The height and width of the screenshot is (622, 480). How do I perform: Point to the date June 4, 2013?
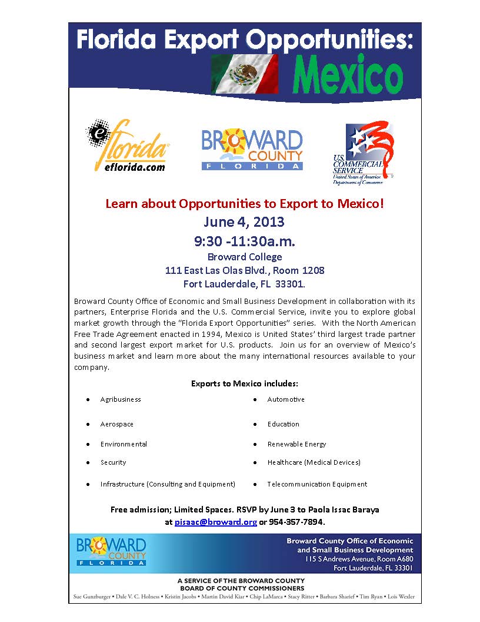pyautogui.click(x=244, y=222)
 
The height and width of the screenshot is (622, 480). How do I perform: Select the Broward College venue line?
pyautogui.click(x=244, y=257)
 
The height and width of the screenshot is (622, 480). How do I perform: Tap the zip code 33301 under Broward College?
pyautogui.click(x=290, y=284)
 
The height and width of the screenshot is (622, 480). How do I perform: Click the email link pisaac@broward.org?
pyautogui.click(x=215, y=522)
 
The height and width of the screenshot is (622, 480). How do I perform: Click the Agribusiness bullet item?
pyautogui.click(x=121, y=399)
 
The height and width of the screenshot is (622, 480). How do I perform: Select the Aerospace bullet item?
pyautogui.click(x=116, y=424)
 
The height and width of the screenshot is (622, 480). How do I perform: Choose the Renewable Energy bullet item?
pyautogui.click(x=296, y=444)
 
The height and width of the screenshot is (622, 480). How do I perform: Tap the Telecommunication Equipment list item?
pyautogui.click(x=317, y=484)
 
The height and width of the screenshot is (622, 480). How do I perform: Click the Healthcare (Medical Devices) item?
pyautogui.click(x=314, y=462)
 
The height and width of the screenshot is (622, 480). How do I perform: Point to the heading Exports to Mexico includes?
pyautogui.click(x=244, y=383)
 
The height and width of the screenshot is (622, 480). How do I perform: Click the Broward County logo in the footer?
pyautogui.click(x=111, y=552)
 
